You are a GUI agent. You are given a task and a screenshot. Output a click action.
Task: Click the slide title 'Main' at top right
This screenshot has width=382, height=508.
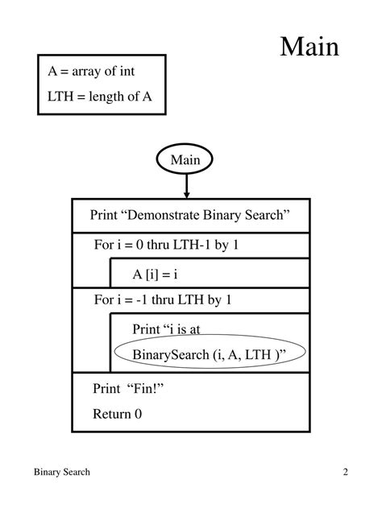[x=309, y=47]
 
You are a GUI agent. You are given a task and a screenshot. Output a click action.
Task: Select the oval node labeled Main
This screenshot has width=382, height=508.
[x=185, y=160]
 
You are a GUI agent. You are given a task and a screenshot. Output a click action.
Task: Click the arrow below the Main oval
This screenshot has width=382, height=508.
[x=186, y=186]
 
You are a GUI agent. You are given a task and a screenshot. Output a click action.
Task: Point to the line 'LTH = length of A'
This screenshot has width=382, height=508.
[x=100, y=98]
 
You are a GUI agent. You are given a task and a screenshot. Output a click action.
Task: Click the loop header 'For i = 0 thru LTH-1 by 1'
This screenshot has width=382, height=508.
[x=166, y=246]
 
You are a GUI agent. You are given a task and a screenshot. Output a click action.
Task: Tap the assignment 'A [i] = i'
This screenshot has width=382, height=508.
[x=155, y=274]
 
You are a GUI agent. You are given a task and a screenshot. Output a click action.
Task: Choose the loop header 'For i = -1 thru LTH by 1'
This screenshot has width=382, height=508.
[x=162, y=300]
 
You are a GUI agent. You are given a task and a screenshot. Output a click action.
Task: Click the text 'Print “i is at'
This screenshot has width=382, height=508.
[x=171, y=328]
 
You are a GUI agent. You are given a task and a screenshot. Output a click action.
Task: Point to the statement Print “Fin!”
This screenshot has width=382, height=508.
[x=122, y=388]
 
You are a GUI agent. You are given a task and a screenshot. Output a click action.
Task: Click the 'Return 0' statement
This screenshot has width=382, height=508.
[x=117, y=415]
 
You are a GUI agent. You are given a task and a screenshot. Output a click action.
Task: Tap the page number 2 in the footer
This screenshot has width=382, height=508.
[x=344, y=473]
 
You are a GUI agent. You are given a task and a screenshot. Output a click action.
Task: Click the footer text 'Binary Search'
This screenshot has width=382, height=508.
[x=61, y=473]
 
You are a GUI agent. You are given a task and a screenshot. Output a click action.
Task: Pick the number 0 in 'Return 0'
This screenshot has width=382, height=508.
[x=138, y=415]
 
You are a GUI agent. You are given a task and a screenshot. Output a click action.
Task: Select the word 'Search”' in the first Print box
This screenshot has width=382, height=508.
[x=266, y=215]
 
